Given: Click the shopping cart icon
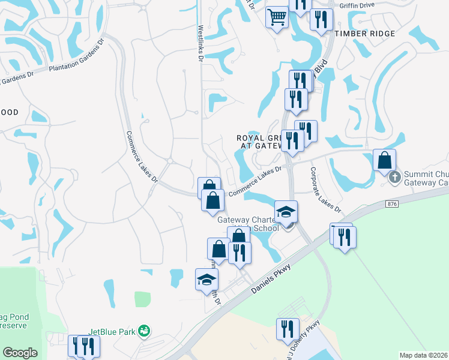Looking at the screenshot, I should coord(277,16).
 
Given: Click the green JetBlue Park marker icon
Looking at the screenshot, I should coord(143,331).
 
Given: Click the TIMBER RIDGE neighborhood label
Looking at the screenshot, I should coord(365,34).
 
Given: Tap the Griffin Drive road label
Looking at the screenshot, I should coord(357,5).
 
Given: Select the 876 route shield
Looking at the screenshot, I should coord(392,204).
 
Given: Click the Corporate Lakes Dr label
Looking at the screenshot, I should coord(325,189).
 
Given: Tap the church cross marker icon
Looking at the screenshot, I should coord(395,176).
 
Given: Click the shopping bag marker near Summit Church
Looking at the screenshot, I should coord(384,160).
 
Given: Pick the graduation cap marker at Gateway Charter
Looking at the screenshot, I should coord(286,211).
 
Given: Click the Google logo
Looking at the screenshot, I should coord(20,352).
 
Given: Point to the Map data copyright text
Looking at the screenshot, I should coord(423,355).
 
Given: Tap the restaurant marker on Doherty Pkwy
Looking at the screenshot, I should coord(288,329).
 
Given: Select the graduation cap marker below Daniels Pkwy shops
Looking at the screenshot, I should coord(207,279).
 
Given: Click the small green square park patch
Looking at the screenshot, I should coord(142,299).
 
